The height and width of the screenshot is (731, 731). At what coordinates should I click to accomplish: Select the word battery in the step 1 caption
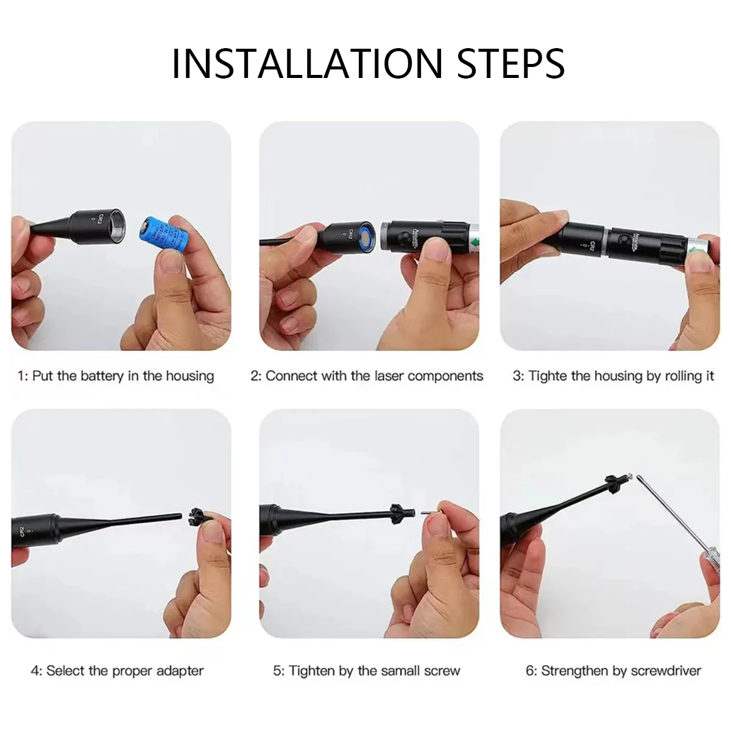click(x=102, y=376)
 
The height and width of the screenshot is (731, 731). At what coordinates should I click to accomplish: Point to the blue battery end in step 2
click(x=366, y=238)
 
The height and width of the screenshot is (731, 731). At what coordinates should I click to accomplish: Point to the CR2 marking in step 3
click(x=592, y=246)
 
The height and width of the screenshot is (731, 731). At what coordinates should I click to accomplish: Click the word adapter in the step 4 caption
click(x=180, y=671)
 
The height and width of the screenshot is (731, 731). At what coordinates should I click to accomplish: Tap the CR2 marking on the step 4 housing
click(x=23, y=531)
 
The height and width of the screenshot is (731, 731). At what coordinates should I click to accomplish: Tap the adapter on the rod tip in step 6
click(x=613, y=484)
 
